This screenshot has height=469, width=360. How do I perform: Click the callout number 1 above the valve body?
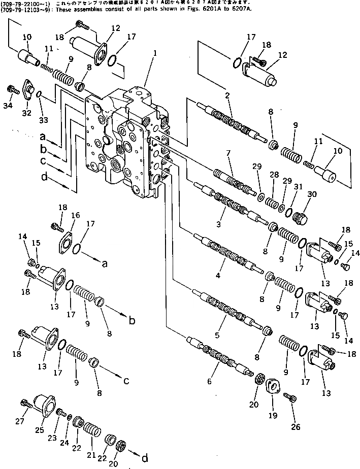point(155,52)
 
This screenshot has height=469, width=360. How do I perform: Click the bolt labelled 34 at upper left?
point(10,90)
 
